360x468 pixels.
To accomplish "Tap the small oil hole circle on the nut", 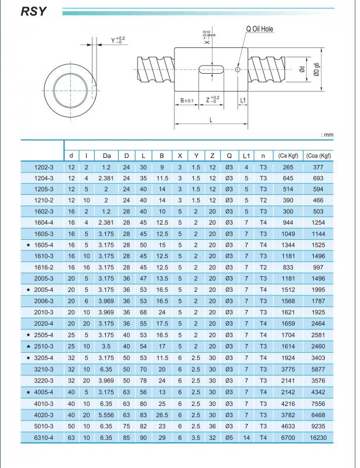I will [237, 70].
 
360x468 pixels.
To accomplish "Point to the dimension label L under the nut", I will [210, 119].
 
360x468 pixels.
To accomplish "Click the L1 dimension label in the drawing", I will [244, 101].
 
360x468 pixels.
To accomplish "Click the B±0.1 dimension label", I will [186, 101].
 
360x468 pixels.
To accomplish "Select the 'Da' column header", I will [107, 156].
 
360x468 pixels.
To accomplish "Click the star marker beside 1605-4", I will [29, 245].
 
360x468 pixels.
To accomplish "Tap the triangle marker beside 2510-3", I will [29, 346].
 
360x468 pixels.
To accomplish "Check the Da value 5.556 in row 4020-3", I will [107, 414].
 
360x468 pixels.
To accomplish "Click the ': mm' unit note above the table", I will [327, 135].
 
